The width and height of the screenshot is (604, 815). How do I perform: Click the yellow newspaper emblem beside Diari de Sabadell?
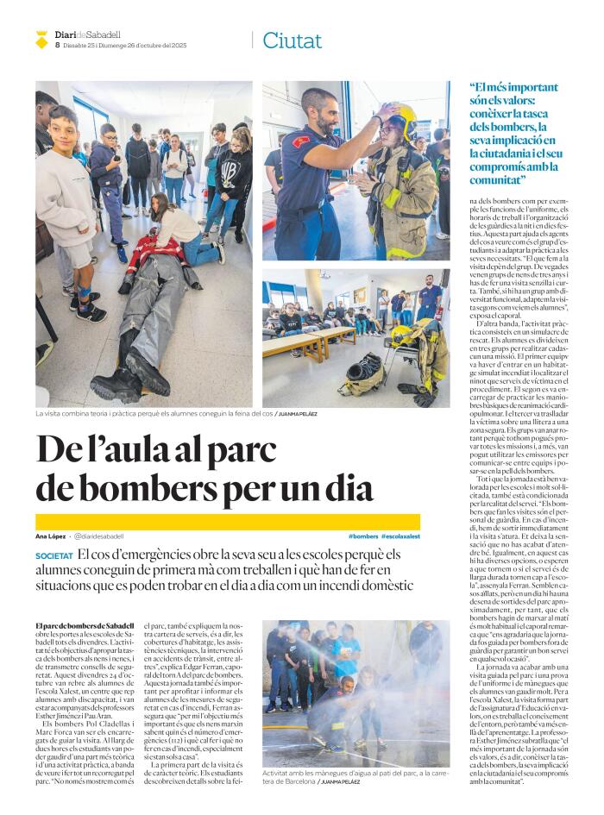pyautogui.click(x=41, y=39)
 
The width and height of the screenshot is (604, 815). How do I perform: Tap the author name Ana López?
pyautogui.click(x=50, y=536)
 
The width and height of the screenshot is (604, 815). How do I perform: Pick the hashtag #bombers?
pyautogui.click(x=363, y=536)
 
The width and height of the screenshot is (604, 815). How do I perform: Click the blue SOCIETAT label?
pyautogui.click(x=53, y=556)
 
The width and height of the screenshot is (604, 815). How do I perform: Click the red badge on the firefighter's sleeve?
pyautogui.click(x=299, y=141)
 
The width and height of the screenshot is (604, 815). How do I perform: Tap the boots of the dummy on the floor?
pyautogui.click(x=129, y=379)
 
